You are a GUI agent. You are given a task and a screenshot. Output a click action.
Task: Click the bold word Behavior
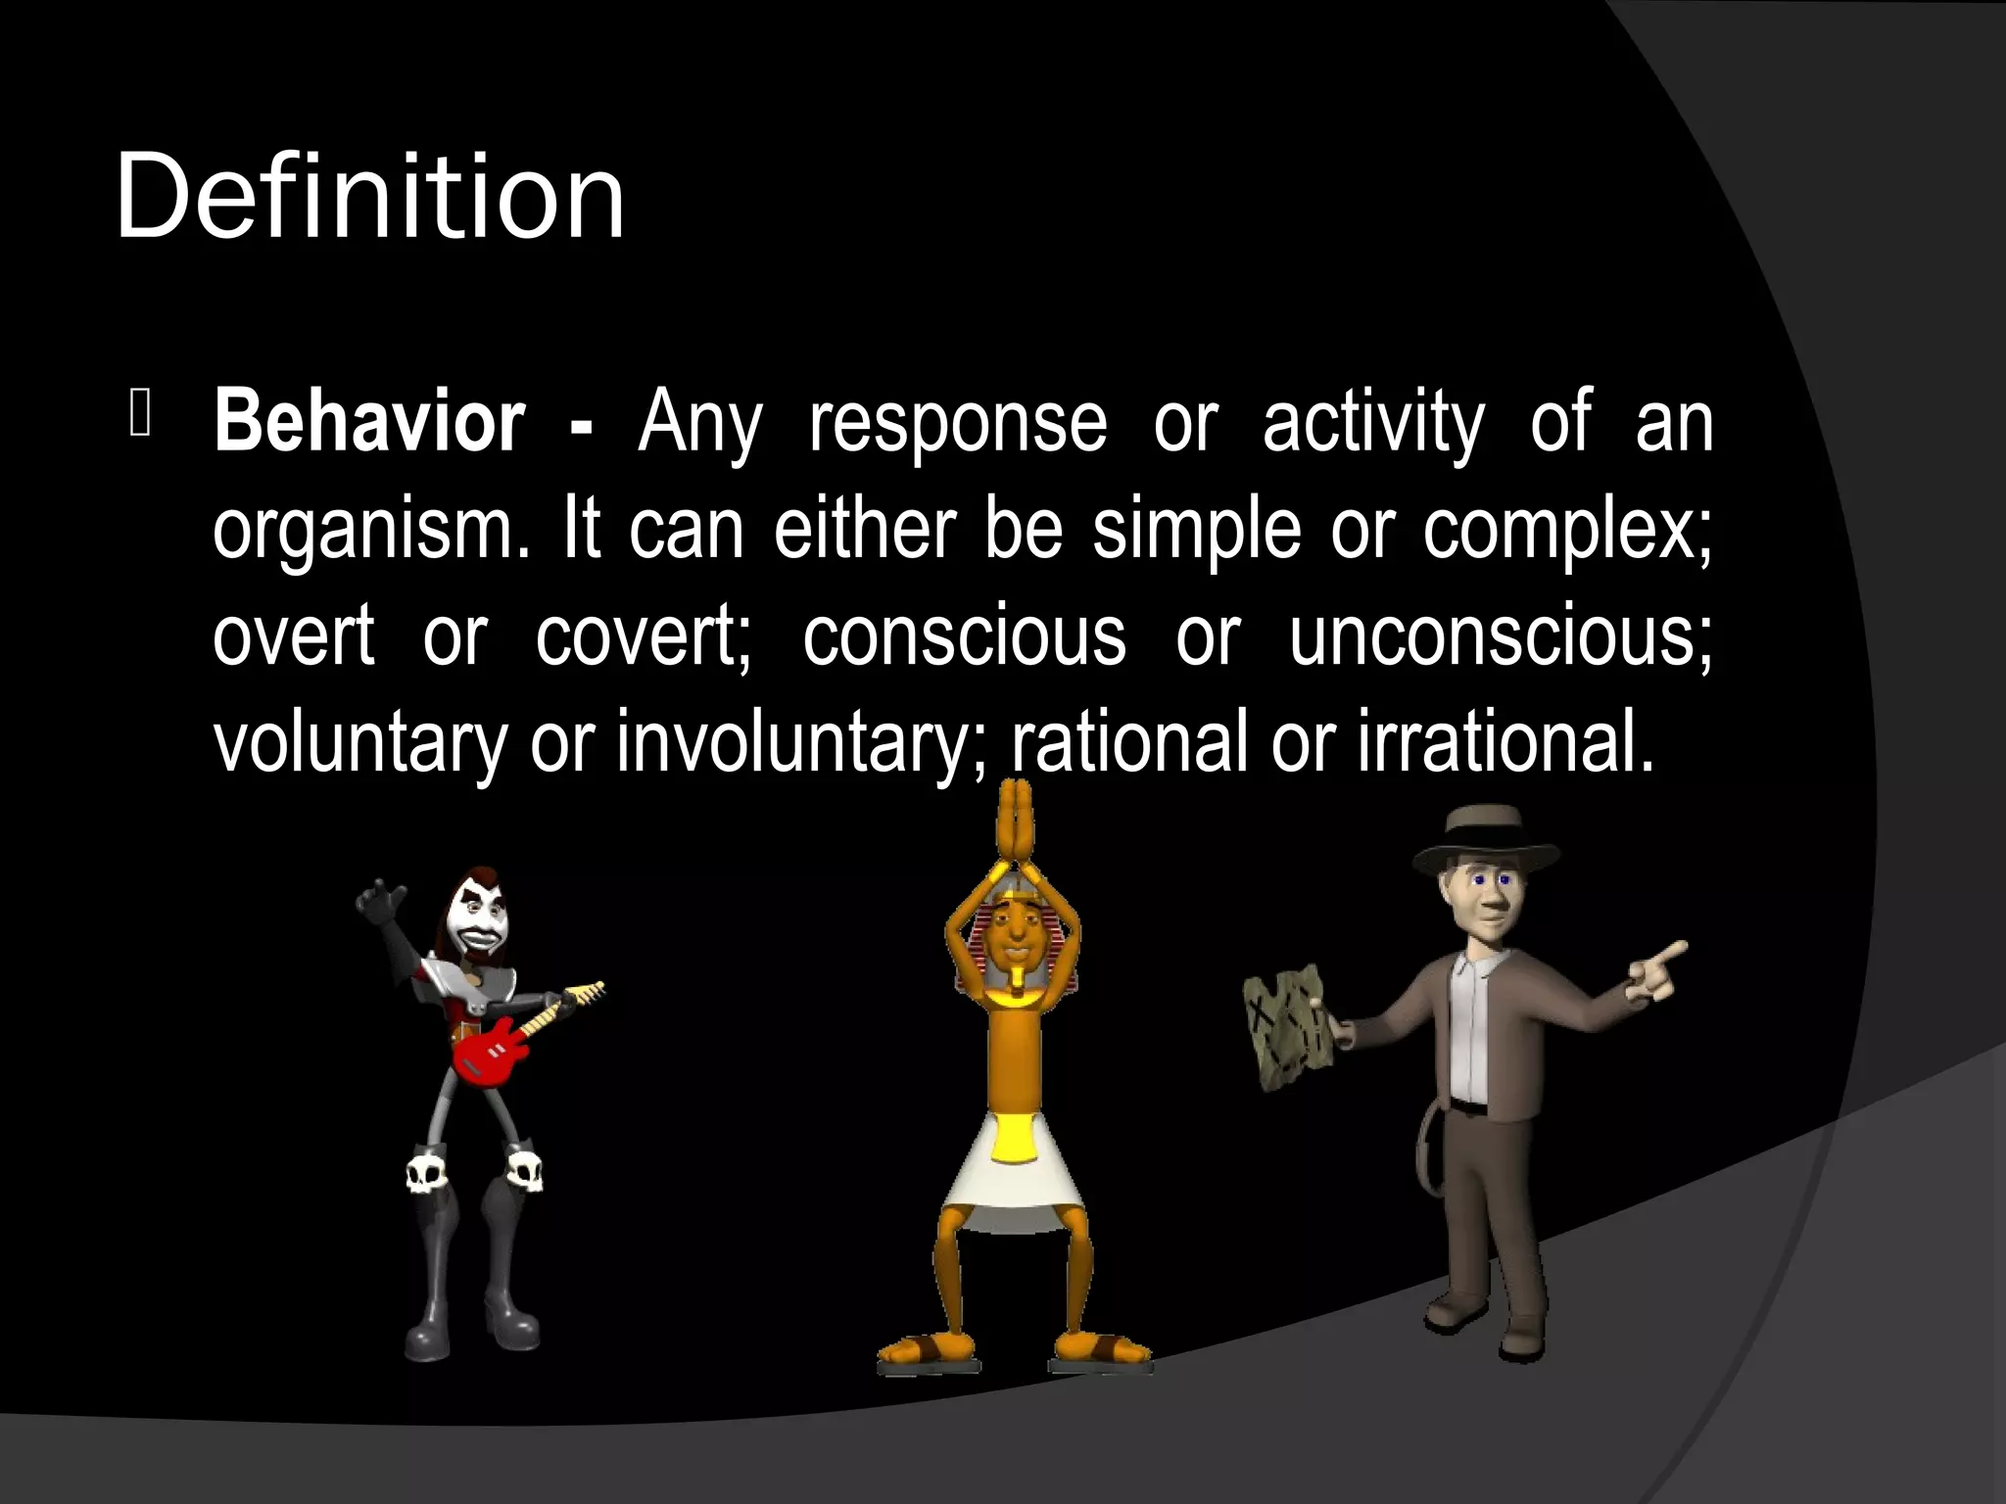[369, 422]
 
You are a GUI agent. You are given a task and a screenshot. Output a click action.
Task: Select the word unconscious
[1500, 636]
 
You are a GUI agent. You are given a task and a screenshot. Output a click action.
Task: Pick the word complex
[1567, 531]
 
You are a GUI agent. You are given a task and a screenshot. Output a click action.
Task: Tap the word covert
[642, 636]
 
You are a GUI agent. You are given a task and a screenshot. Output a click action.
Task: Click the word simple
[1196, 531]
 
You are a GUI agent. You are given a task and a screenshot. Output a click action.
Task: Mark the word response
[958, 422]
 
